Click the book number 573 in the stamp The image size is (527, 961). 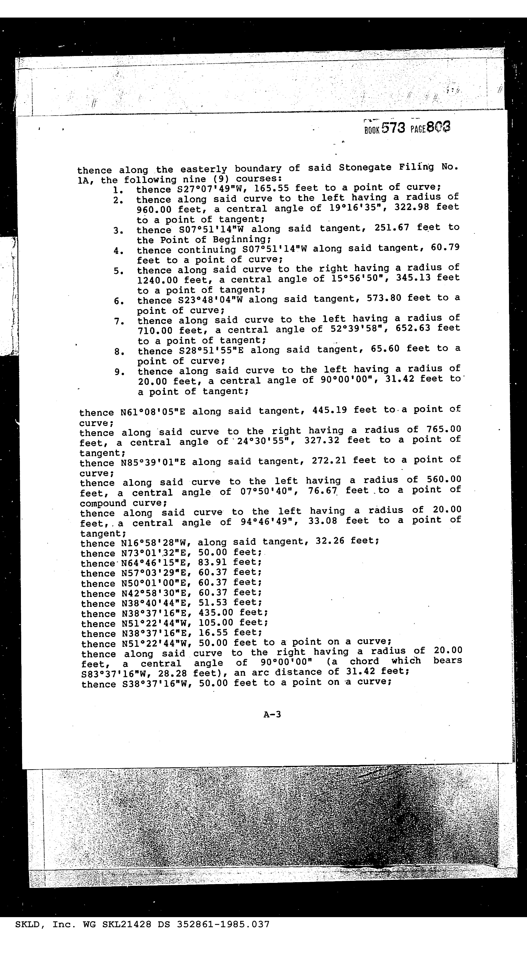(x=393, y=128)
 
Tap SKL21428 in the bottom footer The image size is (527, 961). (x=127, y=924)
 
